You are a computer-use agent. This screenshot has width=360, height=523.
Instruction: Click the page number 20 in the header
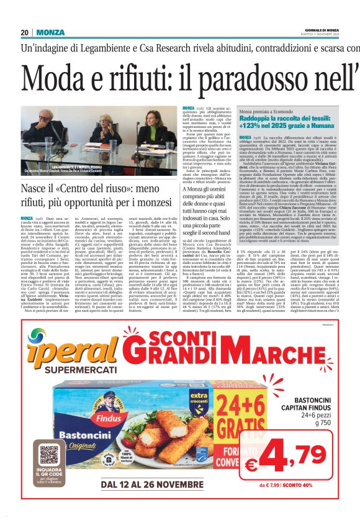(24, 32)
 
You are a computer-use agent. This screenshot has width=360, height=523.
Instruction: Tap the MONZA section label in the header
(50, 32)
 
